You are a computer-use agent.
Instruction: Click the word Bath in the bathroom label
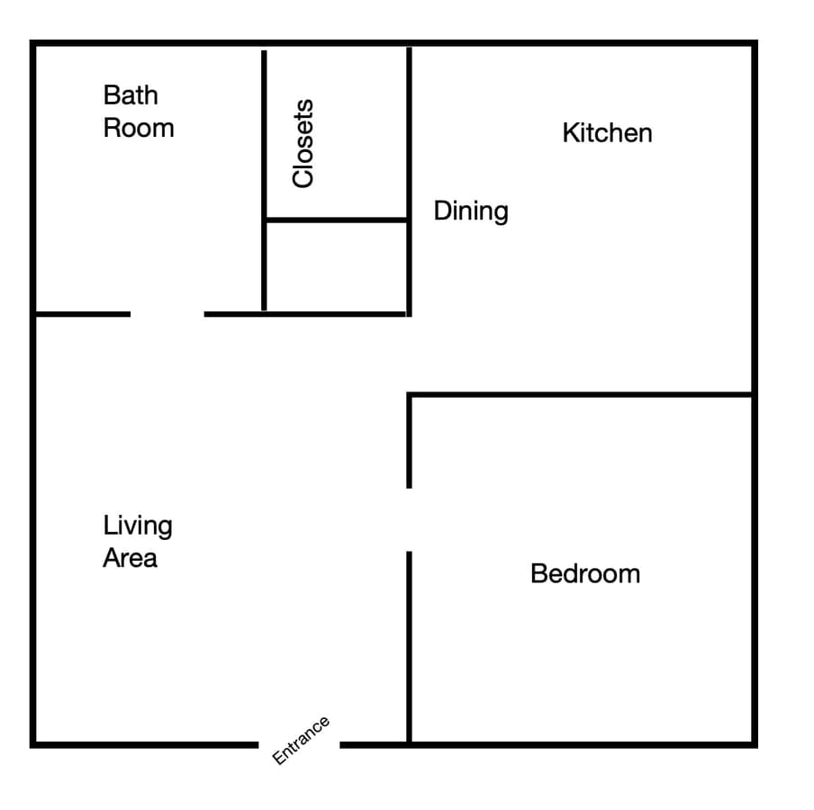click(131, 95)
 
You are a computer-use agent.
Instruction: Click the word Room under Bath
click(139, 128)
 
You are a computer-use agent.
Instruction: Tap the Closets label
click(303, 143)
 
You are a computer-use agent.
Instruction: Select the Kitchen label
click(608, 133)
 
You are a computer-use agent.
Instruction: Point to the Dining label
click(471, 211)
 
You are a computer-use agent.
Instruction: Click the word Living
click(138, 526)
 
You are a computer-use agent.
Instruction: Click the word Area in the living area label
click(130, 558)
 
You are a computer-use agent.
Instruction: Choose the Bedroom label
click(585, 574)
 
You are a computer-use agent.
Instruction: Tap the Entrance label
click(301, 741)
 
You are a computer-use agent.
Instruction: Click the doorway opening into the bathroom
click(167, 314)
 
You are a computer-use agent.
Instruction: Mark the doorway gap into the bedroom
click(409, 520)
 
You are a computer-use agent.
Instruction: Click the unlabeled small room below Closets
click(337, 266)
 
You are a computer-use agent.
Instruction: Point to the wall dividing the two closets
click(337, 220)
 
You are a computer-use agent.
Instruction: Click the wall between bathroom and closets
click(264, 180)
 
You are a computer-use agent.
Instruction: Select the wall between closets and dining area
click(409, 182)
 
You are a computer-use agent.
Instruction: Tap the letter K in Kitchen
click(570, 133)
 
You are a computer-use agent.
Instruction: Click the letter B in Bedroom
click(538, 574)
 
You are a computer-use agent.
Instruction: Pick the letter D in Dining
click(442, 211)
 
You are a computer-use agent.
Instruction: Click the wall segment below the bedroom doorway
click(409, 648)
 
